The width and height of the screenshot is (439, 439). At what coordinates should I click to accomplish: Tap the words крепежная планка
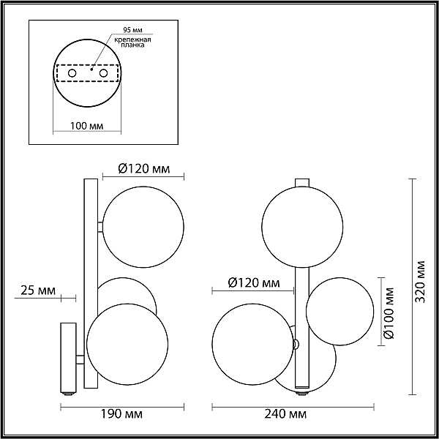(133, 42)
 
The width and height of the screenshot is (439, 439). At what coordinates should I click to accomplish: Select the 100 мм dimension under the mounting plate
(86, 126)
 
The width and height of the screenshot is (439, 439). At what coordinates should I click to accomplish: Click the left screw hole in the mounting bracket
(72, 73)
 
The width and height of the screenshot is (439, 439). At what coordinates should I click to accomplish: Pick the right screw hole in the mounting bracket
(103, 73)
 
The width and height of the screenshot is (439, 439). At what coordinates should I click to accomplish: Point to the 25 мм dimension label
(38, 291)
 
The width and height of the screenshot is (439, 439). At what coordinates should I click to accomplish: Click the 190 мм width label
(121, 414)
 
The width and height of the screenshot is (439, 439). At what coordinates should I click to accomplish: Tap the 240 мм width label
(285, 414)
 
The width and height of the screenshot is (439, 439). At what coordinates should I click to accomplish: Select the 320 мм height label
(420, 282)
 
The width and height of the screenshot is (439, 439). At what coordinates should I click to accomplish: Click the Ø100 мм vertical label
(389, 313)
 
